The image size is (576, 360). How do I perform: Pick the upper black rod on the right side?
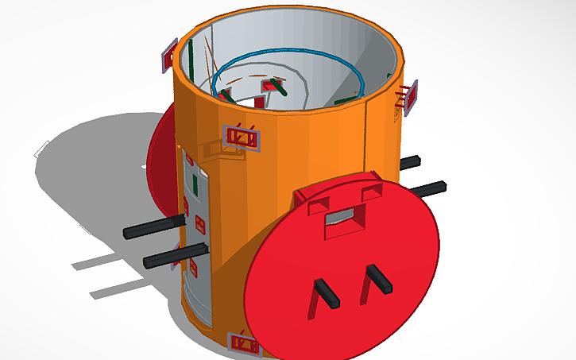[410, 163]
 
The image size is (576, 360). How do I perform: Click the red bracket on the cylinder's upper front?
[242, 136]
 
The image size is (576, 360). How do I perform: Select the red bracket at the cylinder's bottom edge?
[243, 344]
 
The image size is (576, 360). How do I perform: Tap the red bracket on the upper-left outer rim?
[169, 54]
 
